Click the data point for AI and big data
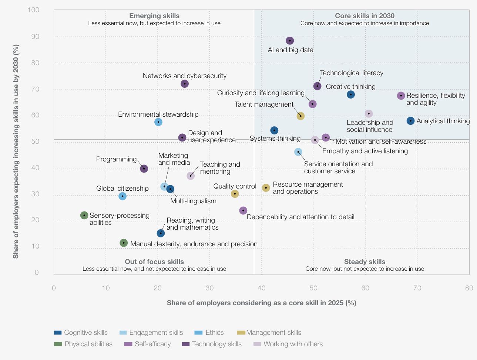pyautogui.click(x=290, y=41)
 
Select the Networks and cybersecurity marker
pyautogui.click(x=185, y=84)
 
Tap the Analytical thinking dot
pyautogui.click(x=410, y=121)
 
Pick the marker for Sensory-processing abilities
pyautogui.click(x=84, y=215)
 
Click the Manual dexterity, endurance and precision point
pyautogui.click(x=124, y=243)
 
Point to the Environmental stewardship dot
pyautogui.click(x=158, y=122)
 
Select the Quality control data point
pyautogui.click(x=235, y=194)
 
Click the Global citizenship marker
pyautogui.click(x=122, y=196)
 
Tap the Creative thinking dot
pyautogui.click(x=351, y=94)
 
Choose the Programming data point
pyautogui.click(x=144, y=169)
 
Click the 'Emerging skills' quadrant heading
pyautogui.click(x=154, y=16)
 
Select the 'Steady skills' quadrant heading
pyautogui.click(x=365, y=262)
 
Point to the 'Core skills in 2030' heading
pyautogui.click(x=365, y=16)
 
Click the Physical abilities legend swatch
pyautogui.click(x=58, y=344)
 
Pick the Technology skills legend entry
pyautogui.click(x=216, y=344)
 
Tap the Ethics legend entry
pyautogui.click(x=214, y=333)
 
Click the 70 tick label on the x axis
pyautogui.click(x=417, y=288)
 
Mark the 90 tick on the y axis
pyautogui.click(x=35, y=37)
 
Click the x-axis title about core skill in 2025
pyautogui.click(x=261, y=303)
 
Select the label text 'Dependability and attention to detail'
pyautogui.click(x=300, y=217)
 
